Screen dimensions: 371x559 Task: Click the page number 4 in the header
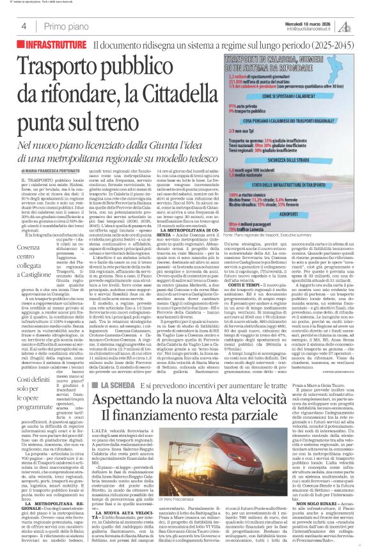click(x=24, y=26)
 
